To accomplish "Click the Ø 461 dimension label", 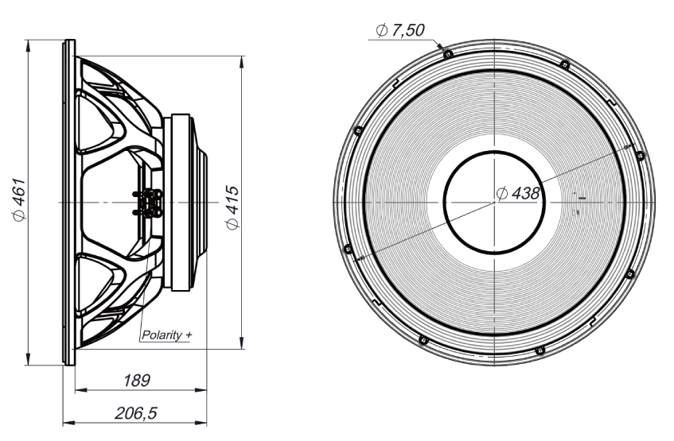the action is (x=20, y=199).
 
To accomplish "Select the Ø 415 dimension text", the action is (x=232, y=207).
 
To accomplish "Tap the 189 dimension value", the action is (x=137, y=381).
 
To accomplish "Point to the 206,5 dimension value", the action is (x=136, y=413).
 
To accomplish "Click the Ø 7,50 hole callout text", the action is (x=399, y=30).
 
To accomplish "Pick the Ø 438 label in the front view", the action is (x=518, y=193).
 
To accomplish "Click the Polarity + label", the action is (x=166, y=335).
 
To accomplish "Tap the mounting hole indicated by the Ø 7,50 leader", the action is (x=448, y=54).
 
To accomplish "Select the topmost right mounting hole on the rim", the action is (x=565, y=65).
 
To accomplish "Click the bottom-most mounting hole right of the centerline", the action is (x=540, y=350).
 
